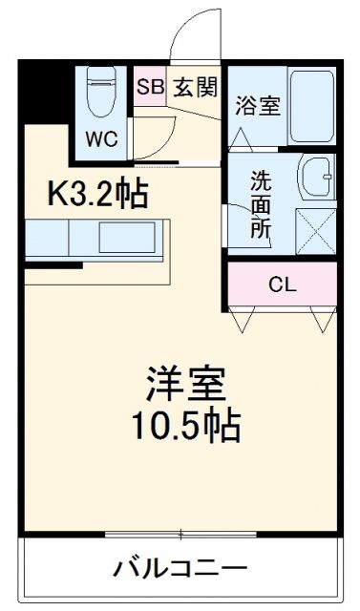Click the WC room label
coord(102,138)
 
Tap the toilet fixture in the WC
coord(100,93)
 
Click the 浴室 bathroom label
coord(257,105)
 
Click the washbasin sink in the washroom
coord(316,176)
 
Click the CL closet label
coord(281,284)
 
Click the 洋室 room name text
coord(185,385)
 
